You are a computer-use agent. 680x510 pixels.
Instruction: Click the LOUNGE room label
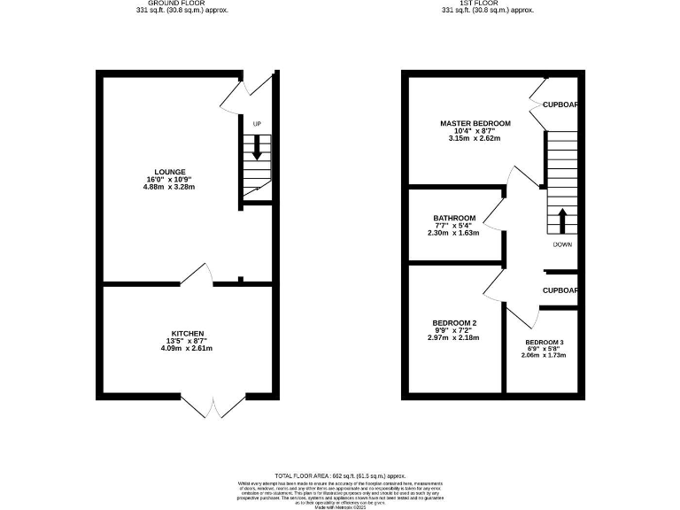point(170,171)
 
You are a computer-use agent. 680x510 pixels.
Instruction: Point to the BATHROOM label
point(454,218)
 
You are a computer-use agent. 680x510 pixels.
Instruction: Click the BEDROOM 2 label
point(454,322)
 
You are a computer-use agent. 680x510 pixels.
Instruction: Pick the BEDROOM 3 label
point(544,343)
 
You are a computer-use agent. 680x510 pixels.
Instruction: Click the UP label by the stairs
point(257,123)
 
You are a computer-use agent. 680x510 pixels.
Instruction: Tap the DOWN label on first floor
point(561,244)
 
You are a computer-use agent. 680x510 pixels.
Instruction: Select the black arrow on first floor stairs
point(561,219)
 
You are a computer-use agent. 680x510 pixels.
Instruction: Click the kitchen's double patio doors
point(213,405)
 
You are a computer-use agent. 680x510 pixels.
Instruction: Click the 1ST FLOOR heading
point(488,4)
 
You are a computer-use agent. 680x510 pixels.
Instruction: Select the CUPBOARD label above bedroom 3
point(560,290)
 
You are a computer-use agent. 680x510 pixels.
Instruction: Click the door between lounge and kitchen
point(197,276)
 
